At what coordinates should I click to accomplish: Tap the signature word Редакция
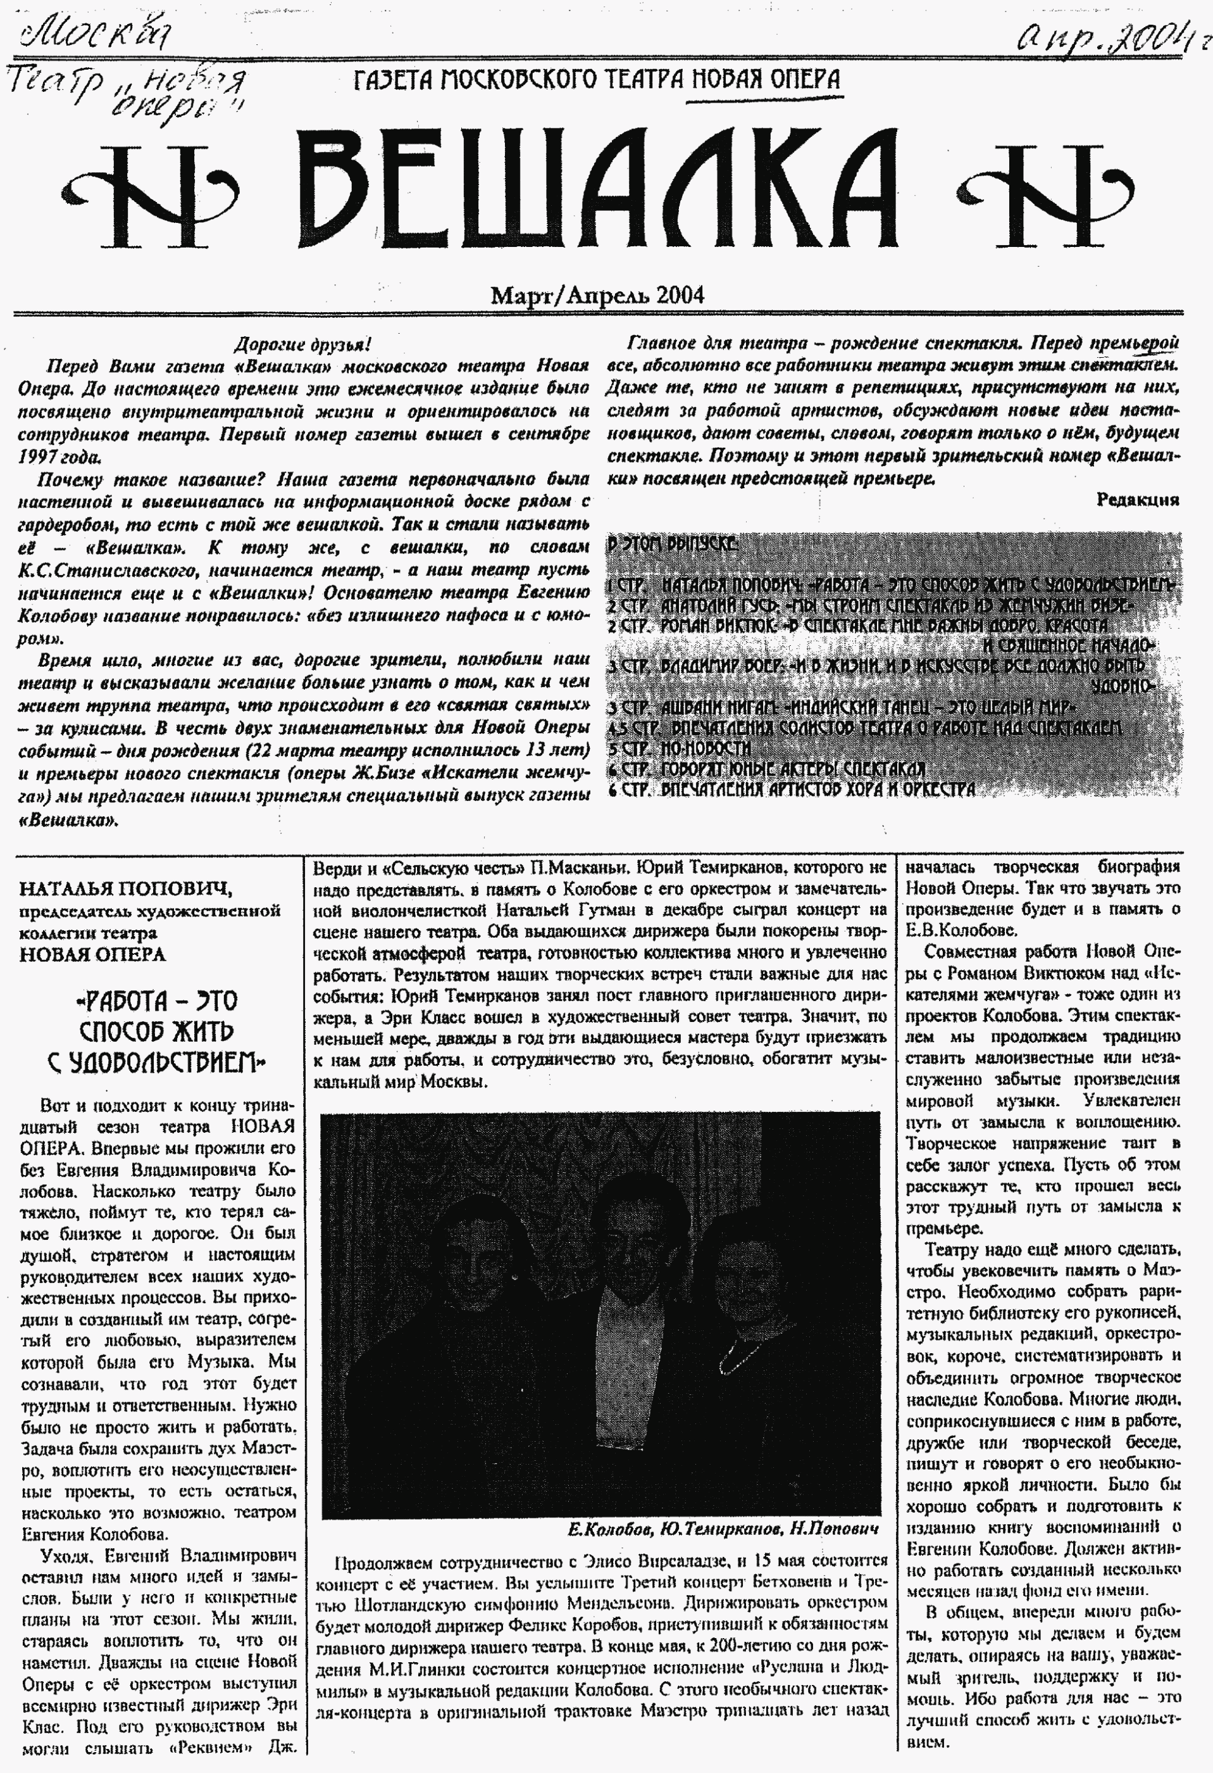tap(1137, 500)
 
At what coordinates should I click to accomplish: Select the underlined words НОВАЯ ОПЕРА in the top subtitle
tap(766, 79)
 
